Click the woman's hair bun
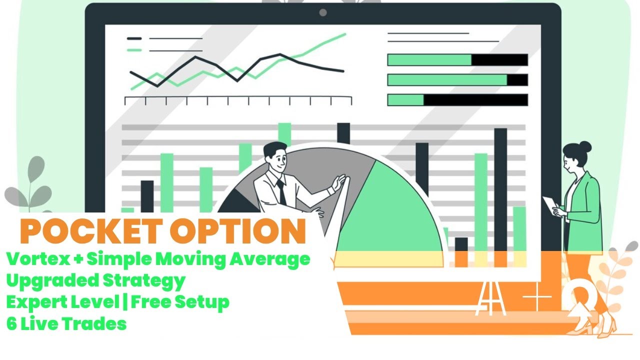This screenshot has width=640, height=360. coord(585,147)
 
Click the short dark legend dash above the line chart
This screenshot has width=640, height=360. coord(134,38)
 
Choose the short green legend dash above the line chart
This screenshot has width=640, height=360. coord(134,50)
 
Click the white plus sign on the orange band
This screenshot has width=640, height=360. coord(537,297)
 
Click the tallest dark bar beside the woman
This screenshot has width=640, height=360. coord(500,190)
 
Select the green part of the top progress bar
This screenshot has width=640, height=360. coord(429,60)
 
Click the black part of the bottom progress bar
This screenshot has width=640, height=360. coord(475,99)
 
